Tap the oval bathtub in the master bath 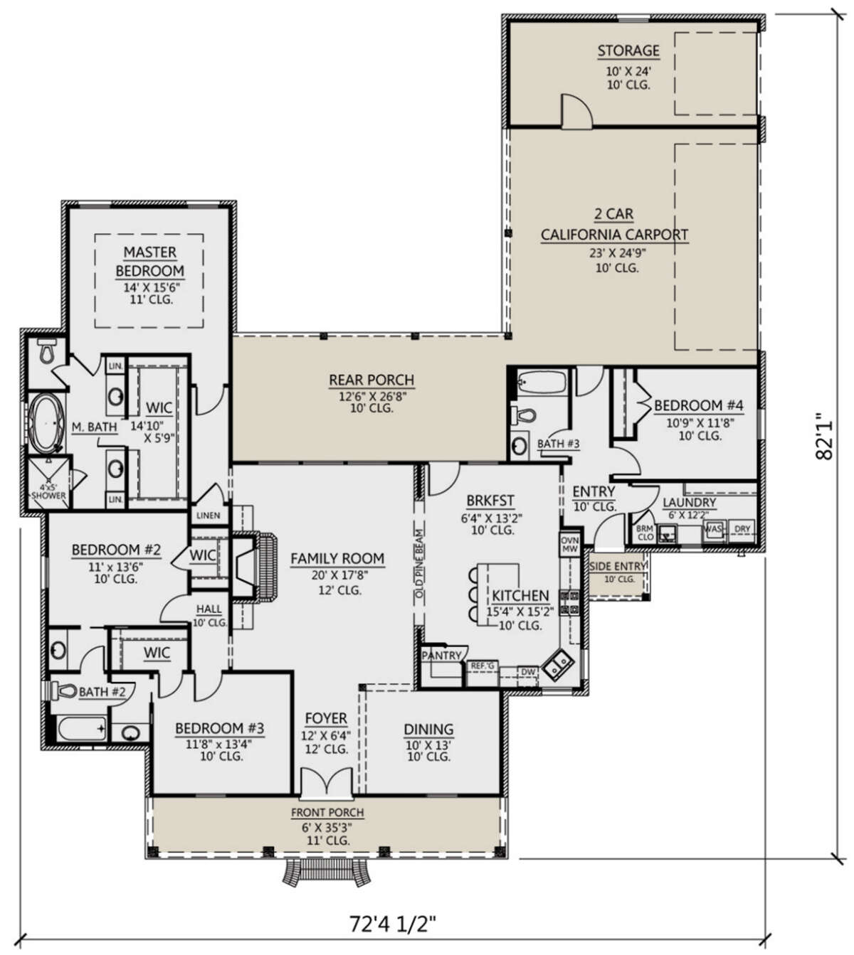(x=46, y=423)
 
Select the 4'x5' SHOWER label (x=48, y=491)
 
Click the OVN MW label (x=569, y=545)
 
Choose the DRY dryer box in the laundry (x=742, y=529)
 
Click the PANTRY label (x=441, y=656)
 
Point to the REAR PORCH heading (x=371, y=380)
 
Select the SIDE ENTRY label (x=618, y=566)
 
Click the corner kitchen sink (x=557, y=664)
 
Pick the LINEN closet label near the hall (x=208, y=516)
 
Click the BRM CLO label (x=645, y=533)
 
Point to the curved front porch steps (x=327, y=872)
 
